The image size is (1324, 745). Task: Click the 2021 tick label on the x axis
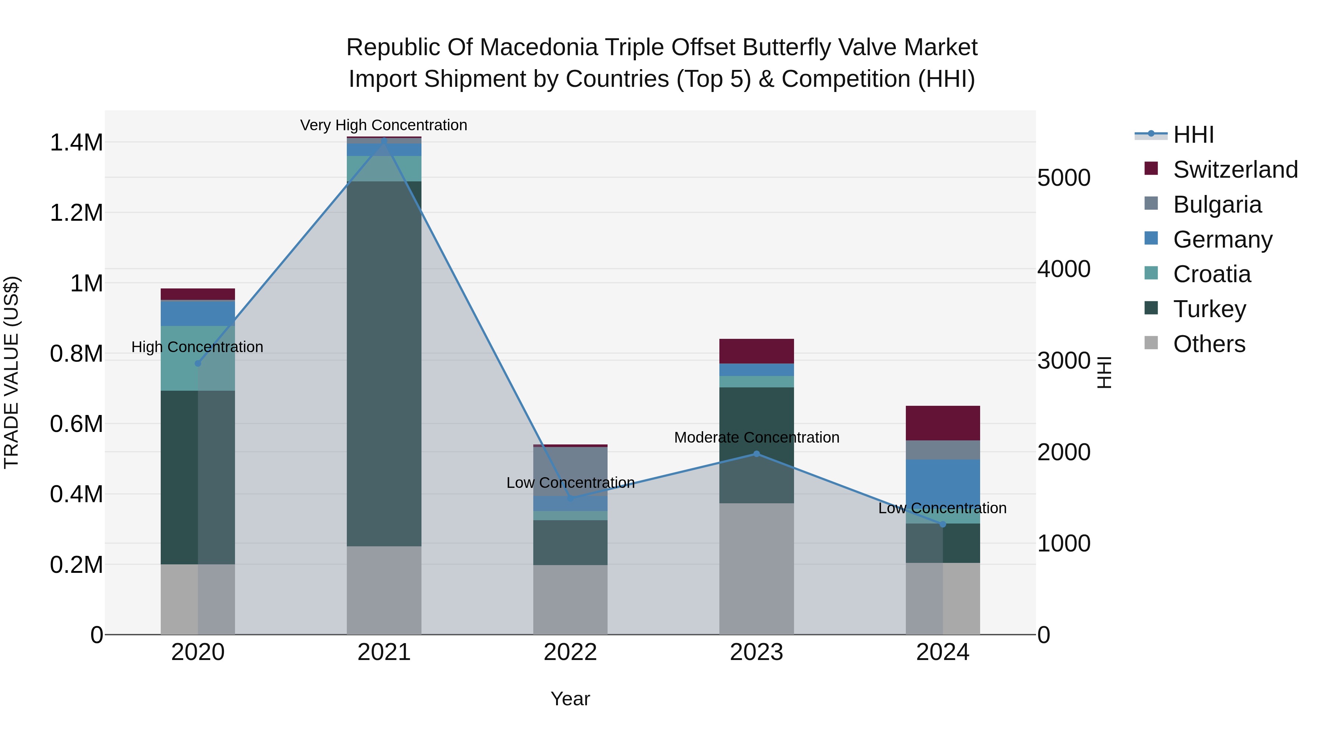pos(384,652)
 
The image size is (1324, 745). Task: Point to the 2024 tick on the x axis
pos(942,652)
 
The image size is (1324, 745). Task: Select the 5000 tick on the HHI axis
pos(1063,178)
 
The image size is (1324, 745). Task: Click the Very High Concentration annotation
pos(384,125)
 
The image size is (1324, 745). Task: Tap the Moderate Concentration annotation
pos(757,437)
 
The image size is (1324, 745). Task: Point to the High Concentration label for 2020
pos(197,347)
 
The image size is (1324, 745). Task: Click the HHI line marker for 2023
pos(756,454)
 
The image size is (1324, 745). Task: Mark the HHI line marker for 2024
pos(943,524)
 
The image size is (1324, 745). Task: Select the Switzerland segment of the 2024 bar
pos(942,423)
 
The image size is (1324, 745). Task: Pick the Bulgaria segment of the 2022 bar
pos(570,472)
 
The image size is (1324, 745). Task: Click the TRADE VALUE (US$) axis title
pos(11,372)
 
